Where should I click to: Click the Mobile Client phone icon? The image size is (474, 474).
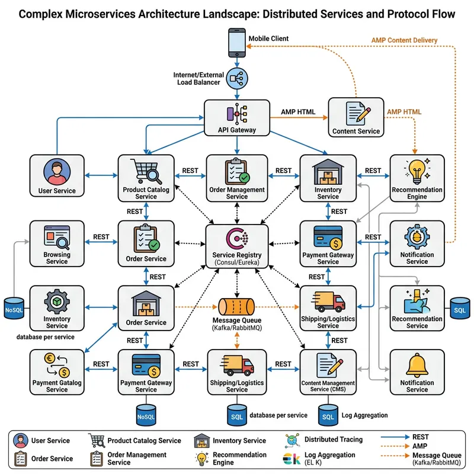click(237, 43)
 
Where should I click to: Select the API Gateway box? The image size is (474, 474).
click(236, 117)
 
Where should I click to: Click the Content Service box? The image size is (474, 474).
click(356, 117)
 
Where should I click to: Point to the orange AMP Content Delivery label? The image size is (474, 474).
click(404, 40)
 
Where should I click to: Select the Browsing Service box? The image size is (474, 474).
click(57, 243)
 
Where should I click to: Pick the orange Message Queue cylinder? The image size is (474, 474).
click(236, 308)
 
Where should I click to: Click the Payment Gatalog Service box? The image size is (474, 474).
click(57, 371)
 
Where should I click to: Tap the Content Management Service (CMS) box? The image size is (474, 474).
click(328, 371)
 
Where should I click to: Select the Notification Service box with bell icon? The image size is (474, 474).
click(417, 371)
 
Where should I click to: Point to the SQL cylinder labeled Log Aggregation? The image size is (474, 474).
click(328, 415)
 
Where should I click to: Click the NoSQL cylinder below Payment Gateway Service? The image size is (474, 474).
click(146, 415)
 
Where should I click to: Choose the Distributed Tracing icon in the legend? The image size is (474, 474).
click(291, 440)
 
